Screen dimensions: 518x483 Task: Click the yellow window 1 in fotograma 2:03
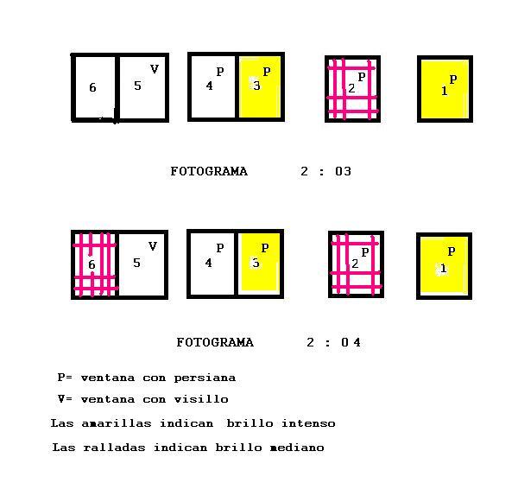445,89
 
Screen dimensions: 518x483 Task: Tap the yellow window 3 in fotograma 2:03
260,87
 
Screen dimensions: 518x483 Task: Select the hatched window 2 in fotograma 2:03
352,89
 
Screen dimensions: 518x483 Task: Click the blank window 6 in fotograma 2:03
95,87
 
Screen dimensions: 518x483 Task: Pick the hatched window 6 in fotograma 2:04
95,264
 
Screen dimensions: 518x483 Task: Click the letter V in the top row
155,69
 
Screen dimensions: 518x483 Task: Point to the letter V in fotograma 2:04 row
152,246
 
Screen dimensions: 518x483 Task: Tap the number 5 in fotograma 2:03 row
137,86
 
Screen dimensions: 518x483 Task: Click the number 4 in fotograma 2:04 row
208,263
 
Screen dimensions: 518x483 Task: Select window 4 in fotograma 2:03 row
212,87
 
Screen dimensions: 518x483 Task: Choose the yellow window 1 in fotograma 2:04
444,266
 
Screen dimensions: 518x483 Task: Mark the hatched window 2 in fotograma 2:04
356,264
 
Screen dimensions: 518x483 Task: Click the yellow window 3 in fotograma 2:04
259,264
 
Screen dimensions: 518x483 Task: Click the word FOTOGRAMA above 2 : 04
215,342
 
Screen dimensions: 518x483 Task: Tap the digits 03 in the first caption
343,171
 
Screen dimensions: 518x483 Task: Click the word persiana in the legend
205,378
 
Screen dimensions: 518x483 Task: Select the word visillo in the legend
201,399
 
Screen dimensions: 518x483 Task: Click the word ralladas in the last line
114,448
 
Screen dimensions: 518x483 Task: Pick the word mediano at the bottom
297,448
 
